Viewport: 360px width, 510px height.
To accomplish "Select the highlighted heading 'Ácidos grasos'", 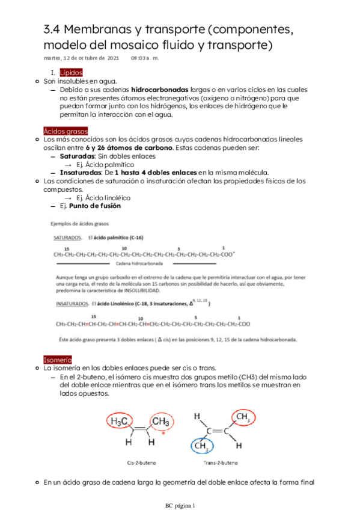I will [66, 131].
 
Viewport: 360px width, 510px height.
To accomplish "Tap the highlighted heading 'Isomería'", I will [58, 360].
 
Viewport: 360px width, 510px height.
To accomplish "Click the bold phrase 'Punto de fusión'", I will [95, 206].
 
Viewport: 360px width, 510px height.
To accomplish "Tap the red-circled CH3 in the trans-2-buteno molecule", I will [243, 417].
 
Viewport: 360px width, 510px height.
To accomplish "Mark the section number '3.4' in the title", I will [52, 29].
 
